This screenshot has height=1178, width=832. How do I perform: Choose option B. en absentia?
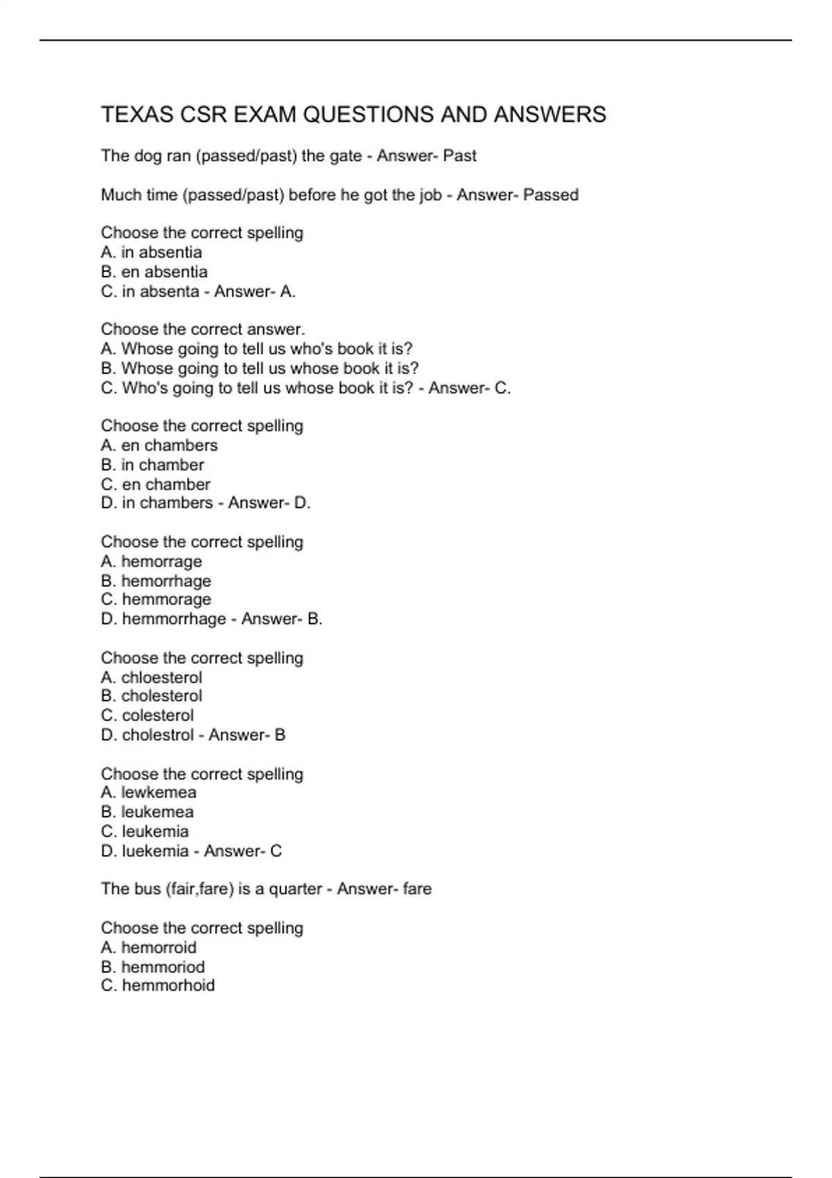154,272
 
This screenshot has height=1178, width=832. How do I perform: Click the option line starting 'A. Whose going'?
257,349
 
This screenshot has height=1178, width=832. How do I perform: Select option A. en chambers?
159,445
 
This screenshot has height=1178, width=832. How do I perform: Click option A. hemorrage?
152,561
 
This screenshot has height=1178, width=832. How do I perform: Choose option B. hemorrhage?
156,581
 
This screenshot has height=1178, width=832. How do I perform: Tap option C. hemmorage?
156,599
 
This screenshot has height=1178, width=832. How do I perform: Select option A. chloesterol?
152,677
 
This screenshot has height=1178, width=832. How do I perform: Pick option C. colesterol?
148,715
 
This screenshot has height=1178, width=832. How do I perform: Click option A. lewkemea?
149,792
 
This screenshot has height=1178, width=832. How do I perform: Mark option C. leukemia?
145,831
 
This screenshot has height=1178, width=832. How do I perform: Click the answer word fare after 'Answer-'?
417,888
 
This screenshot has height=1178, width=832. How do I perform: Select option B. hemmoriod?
153,967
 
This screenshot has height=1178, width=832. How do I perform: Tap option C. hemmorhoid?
158,985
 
